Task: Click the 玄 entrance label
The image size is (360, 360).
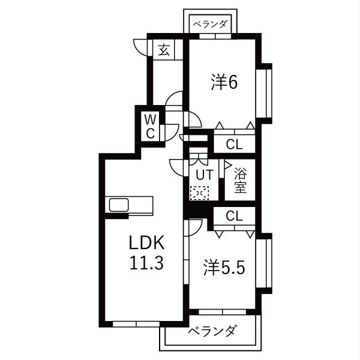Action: click(x=164, y=50)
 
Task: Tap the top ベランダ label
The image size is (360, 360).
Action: click(x=210, y=24)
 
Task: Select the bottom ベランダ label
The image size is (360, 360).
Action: click(x=211, y=331)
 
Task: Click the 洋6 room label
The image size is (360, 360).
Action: click(x=224, y=82)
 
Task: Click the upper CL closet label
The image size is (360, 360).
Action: click(x=234, y=144)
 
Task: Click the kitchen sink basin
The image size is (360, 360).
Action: click(x=119, y=205)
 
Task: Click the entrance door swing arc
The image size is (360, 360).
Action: click(x=140, y=47)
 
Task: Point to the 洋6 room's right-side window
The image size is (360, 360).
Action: click(x=265, y=93)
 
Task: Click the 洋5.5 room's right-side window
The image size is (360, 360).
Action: click(x=265, y=262)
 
